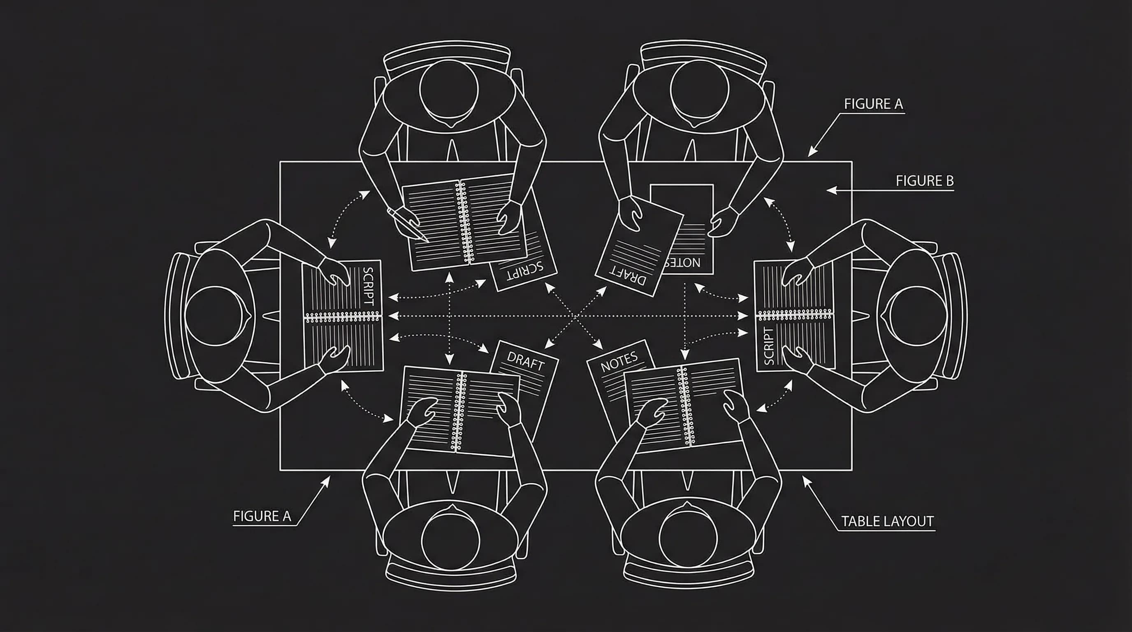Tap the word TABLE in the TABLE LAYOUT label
click(859, 521)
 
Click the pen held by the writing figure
click(407, 224)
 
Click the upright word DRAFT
click(526, 361)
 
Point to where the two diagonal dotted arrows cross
click(575, 316)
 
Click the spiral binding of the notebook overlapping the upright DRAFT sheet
click(459, 411)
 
